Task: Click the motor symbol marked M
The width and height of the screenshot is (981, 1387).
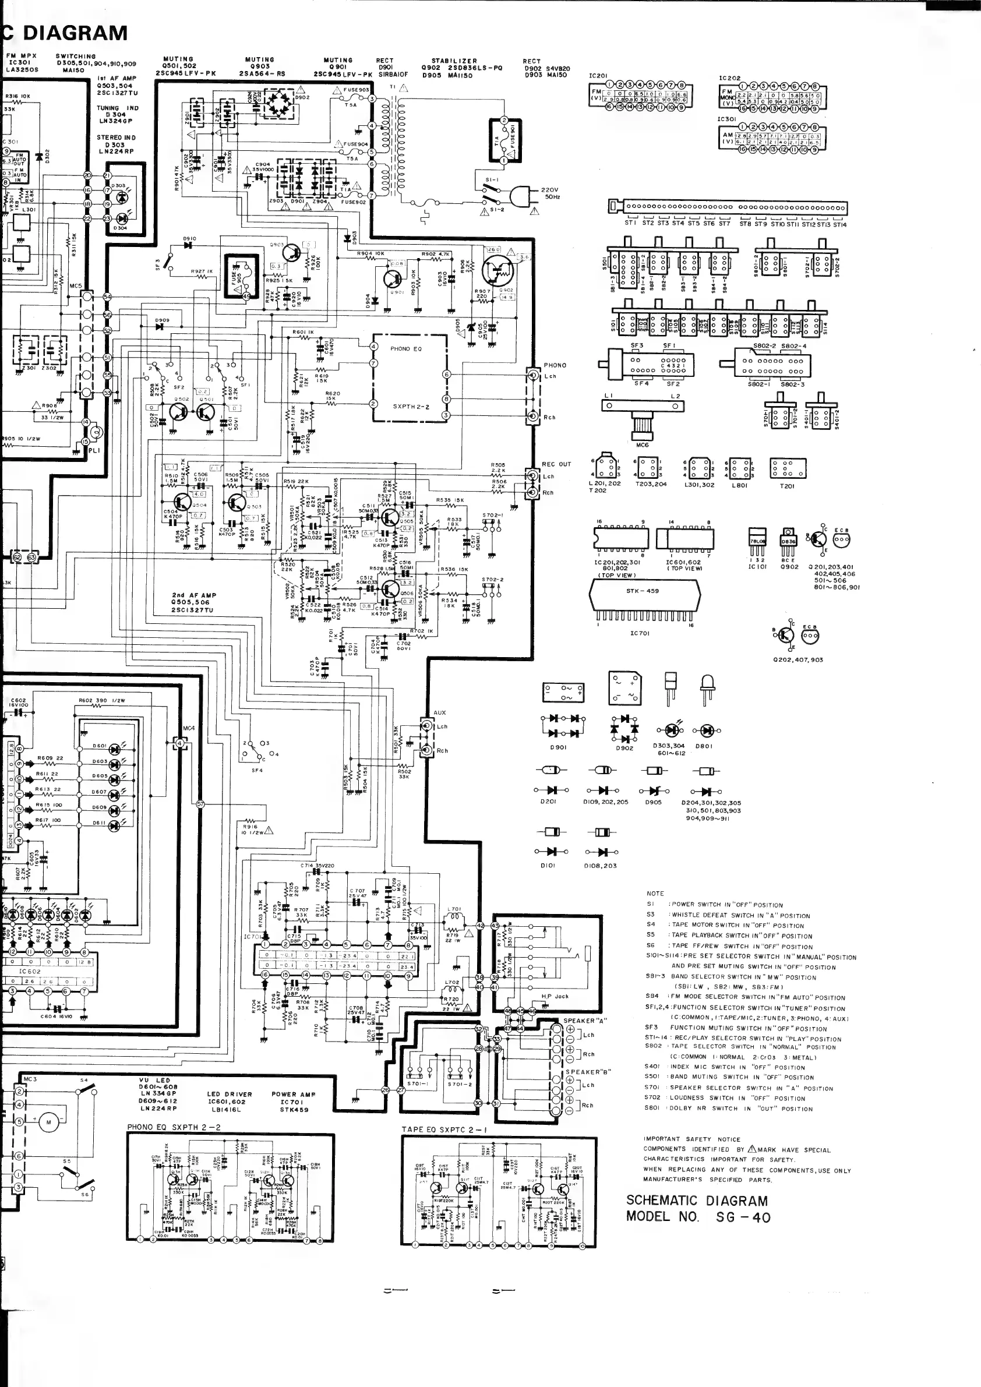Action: coord(49,1123)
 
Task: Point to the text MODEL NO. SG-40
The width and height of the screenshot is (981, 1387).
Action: coord(698,1217)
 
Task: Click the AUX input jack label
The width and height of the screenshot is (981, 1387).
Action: coord(439,713)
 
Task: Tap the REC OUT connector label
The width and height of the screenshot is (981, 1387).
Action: coord(556,464)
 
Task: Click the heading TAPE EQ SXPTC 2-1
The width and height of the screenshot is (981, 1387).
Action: coord(444,1129)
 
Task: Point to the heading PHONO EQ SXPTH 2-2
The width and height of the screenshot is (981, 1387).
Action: coord(174,1127)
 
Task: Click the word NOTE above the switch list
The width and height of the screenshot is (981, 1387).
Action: coord(655,894)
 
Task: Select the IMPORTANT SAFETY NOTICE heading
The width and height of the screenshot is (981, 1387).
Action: coord(691,1139)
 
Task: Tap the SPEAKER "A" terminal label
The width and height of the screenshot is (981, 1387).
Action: coord(585,1021)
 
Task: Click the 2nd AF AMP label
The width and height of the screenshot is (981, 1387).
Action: coord(193,595)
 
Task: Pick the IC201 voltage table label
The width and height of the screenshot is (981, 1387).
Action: coord(598,76)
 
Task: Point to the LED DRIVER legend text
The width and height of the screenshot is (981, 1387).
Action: coord(229,1094)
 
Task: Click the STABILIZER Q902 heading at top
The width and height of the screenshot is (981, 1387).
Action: coord(454,61)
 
